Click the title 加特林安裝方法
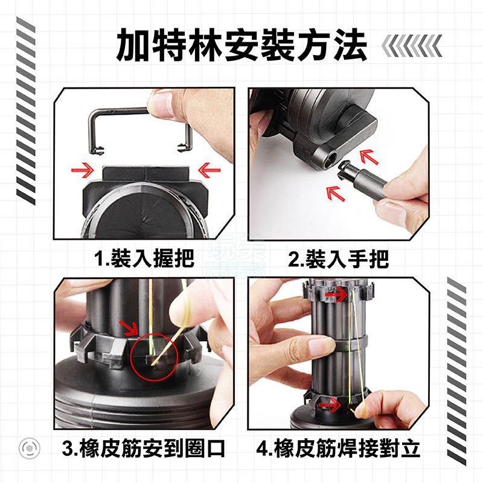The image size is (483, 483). pos(241,44)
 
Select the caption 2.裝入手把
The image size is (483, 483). pos(337,259)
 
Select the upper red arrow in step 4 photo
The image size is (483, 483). pos(330,294)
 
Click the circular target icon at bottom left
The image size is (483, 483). pos(28,449)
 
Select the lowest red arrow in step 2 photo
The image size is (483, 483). pos(334,193)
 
